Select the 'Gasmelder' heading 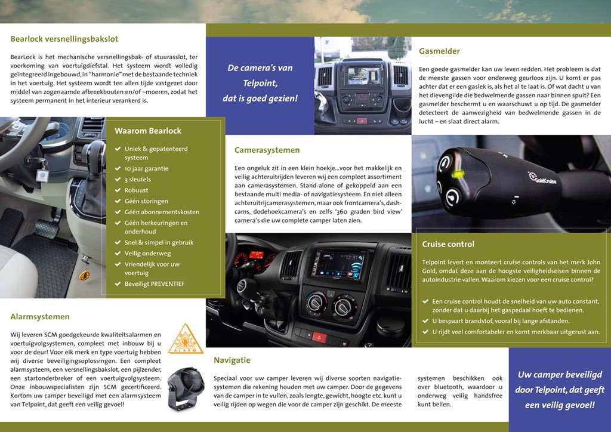click(439, 51)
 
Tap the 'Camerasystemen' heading click(267, 150)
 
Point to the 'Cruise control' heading click(448, 244)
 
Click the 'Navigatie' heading click(232, 360)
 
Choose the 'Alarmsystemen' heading click(40, 317)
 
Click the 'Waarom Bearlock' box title click(148, 131)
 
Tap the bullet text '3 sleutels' click(138, 180)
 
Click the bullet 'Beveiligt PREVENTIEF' click(155, 284)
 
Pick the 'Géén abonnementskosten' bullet click(162, 212)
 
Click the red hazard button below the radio click(319, 337)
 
